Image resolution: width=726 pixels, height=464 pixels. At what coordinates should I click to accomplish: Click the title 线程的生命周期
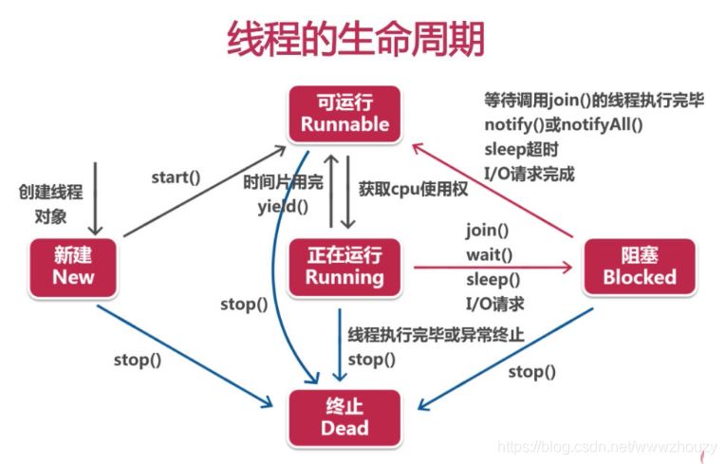356,39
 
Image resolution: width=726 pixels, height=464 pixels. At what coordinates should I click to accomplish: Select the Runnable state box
344,113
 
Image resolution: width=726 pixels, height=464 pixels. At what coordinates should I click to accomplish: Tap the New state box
73,266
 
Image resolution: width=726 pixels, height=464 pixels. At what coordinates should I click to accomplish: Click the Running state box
344,266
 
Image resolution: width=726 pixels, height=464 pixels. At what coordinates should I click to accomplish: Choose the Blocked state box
639,266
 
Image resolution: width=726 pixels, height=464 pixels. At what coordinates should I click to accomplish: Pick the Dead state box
344,418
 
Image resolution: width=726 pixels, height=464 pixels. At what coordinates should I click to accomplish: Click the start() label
176,176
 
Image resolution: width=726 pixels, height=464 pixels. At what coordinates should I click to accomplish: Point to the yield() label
283,204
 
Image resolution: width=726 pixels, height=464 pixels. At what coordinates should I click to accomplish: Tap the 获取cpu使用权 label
414,189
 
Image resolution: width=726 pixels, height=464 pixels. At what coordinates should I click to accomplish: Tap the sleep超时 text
521,150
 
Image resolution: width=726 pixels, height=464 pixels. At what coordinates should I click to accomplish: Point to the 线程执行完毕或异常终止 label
436,335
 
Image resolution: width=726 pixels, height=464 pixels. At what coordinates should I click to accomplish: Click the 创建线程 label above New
50,192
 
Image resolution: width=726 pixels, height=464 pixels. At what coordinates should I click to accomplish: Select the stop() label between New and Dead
138,360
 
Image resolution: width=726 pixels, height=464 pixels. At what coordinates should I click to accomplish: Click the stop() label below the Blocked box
532,371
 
